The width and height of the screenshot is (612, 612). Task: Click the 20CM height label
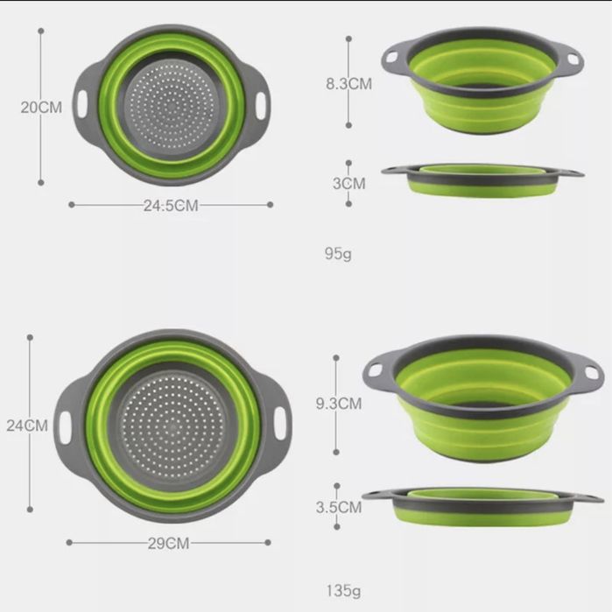[x=41, y=108]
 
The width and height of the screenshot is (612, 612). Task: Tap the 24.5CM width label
[x=171, y=205]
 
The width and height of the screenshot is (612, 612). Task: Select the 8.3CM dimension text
[x=349, y=84]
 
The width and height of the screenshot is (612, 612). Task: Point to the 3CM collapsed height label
[x=349, y=184]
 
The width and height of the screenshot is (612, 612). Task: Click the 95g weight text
[x=338, y=254]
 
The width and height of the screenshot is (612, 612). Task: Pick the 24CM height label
[x=27, y=426]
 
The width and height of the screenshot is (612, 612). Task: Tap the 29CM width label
[x=169, y=544]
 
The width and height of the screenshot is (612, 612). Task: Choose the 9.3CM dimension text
[x=339, y=404]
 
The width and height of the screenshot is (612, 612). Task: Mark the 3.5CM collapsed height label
[x=339, y=507]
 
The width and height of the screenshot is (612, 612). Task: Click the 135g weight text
[x=343, y=591]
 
